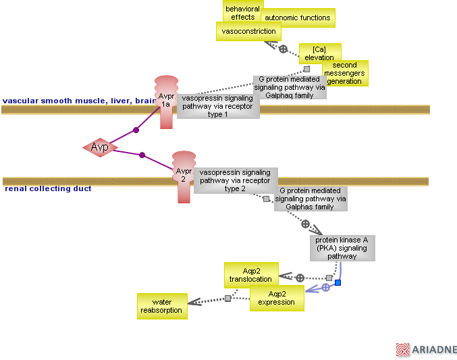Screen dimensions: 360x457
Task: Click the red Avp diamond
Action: [100, 147]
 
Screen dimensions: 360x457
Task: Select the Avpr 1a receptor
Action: [166, 101]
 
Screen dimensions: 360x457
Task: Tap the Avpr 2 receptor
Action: [184, 176]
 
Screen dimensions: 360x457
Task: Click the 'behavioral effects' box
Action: [242, 13]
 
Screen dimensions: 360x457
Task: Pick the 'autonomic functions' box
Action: [298, 18]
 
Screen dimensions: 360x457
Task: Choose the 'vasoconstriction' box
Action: [248, 31]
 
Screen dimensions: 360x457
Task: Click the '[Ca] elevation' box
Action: [319, 53]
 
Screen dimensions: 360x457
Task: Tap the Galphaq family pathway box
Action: [290, 87]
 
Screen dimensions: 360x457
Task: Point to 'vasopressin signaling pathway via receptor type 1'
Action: [217, 106]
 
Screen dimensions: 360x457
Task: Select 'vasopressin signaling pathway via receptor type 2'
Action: [234, 180]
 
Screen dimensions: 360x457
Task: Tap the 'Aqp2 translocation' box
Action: [250, 275]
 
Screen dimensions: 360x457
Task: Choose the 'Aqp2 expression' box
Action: [276, 298]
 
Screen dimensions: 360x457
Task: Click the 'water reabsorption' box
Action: [161, 306]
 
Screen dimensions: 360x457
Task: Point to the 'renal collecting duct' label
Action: [48, 188]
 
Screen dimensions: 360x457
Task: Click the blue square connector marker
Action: [338, 282]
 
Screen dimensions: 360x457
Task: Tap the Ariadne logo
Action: [426, 349]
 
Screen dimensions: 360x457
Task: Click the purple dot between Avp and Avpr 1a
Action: [136, 130]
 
